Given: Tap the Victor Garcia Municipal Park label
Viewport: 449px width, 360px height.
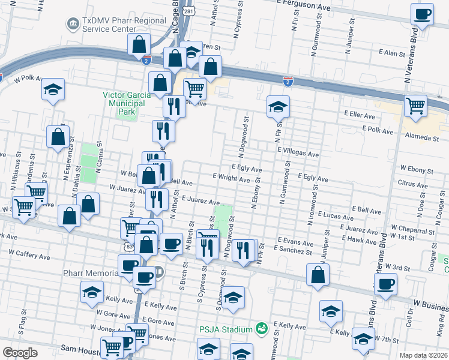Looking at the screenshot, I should [124, 99].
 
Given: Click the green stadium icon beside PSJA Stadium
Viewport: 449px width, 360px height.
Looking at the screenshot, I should [261, 328].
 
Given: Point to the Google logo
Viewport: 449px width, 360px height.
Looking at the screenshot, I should [20, 353].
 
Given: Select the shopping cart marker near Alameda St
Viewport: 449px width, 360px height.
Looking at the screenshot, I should [415, 106].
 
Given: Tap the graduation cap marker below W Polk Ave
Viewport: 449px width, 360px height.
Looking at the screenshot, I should [53, 89].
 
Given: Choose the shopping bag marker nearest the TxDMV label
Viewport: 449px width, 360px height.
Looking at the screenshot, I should [139, 44].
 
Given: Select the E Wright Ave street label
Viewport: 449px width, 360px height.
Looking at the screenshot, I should [231, 178].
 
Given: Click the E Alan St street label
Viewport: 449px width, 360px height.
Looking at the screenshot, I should [396, 53].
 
